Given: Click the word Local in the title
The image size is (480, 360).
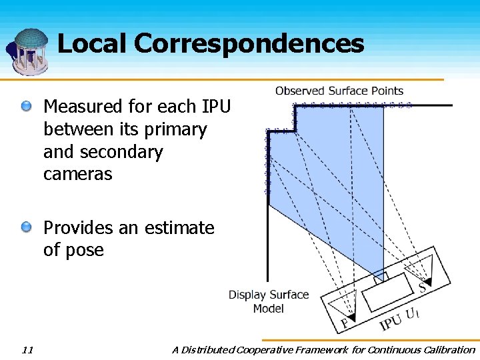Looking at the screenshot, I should (x=92, y=44).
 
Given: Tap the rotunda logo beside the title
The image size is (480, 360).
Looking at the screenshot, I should (x=28, y=51).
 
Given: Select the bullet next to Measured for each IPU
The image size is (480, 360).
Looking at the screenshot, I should (x=26, y=106).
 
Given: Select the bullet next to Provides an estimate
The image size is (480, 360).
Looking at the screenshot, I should (x=26, y=228).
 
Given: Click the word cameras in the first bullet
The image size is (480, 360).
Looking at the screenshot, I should (x=78, y=175).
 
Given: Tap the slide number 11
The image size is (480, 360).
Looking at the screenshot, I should (x=27, y=349).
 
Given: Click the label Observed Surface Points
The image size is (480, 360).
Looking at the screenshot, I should (x=339, y=91).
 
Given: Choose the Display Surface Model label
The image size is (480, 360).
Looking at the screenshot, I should (x=269, y=301).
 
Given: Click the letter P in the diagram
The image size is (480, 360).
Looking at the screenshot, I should (x=344, y=324).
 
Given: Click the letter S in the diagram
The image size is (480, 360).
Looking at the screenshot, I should (x=421, y=288).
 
